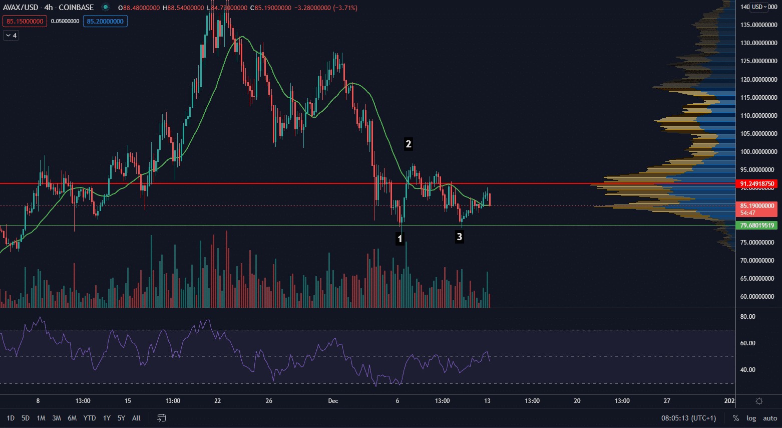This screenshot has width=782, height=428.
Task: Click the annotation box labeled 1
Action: tap(400, 239)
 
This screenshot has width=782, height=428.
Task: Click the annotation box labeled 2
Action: tap(408, 144)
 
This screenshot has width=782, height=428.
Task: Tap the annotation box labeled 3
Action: tap(459, 237)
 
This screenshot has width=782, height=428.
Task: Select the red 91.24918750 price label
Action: tap(756, 184)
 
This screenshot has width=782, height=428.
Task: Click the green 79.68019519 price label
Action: tap(756, 226)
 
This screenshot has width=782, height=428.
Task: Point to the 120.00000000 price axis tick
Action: tap(758, 79)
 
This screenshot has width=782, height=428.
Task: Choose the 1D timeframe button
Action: tap(11, 418)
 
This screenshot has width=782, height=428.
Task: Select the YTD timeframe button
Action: tap(90, 418)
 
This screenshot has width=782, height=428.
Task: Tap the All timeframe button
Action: tap(136, 418)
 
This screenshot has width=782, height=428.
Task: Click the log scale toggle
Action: tap(751, 418)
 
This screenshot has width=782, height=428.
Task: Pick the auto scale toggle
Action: tap(770, 418)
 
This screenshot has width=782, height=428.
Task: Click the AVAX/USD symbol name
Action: tap(21, 8)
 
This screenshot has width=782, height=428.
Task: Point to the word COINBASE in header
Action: tap(76, 8)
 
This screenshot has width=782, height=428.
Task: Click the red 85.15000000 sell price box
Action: tap(25, 22)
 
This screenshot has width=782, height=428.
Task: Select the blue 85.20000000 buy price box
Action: tap(105, 22)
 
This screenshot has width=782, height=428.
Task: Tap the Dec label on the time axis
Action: tap(333, 401)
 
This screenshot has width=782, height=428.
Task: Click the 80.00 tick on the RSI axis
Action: tap(747, 317)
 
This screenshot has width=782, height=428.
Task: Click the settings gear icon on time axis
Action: tap(759, 401)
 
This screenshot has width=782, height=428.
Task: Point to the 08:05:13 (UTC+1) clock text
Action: tap(688, 418)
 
